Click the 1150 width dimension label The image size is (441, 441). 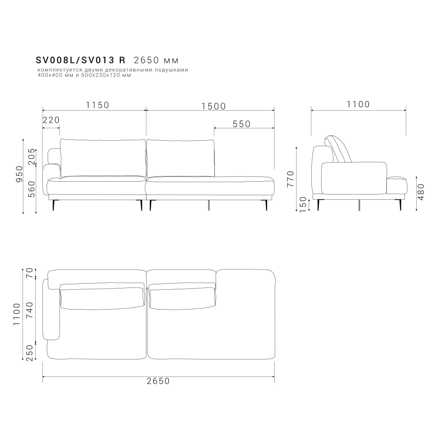click(x=97, y=105)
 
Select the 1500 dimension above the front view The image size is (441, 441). click(x=213, y=106)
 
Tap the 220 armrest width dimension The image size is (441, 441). click(x=51, y=120)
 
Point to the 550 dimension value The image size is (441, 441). click(x=242, y=124)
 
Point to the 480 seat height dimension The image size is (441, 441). click(x=421, y=192)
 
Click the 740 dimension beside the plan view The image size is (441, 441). click(x=30, y=310)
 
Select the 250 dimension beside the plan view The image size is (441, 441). click(x=30, y=353)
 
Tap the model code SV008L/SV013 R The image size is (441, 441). click(x=81, y=60)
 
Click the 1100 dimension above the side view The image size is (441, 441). click(x=358, y=105)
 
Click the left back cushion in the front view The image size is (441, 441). click(x=103, y=158)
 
